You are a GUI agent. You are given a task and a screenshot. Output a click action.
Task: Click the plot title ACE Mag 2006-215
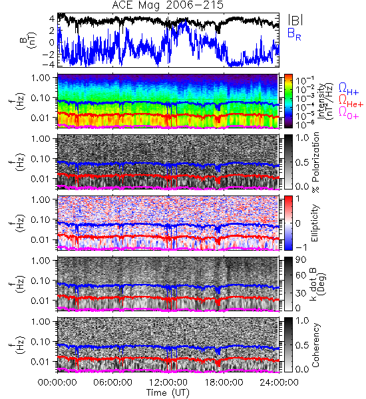click(x=168, y=5)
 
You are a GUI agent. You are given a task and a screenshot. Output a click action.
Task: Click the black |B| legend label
click(x=295, y=20)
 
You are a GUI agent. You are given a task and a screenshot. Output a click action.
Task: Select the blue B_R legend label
click(x=294, y=34)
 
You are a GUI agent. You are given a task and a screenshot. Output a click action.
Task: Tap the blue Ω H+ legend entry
click(x=349, y=89)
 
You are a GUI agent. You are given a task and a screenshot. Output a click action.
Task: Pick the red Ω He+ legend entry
click(x=351, y=101)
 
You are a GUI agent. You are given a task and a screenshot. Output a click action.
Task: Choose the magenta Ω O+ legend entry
click(x=349, y=113)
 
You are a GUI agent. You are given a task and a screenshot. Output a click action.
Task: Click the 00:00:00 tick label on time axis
click(x=57, y=382)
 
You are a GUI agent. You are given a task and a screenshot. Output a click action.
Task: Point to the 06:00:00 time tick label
click(x=112, y=382)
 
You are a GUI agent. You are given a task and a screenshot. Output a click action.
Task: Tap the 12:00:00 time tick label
click(x=168, y=382)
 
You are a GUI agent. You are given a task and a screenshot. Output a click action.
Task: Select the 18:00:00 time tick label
click(x=224, y=382)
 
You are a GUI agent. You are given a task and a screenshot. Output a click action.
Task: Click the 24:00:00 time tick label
click(x=279, y=382)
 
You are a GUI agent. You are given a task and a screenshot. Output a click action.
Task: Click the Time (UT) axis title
click(x=168, y=393)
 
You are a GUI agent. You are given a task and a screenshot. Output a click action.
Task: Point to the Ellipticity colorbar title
click(x=315, y=223)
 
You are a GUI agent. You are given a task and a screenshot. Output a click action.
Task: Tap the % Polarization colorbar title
click(x=315, y=162)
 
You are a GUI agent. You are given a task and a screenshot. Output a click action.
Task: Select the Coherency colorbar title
click(x=315, y=345)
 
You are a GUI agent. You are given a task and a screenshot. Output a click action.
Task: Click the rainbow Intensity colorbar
click(x=288, y=101)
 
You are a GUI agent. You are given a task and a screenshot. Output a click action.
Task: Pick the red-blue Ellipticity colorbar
click(x=288, y=223)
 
